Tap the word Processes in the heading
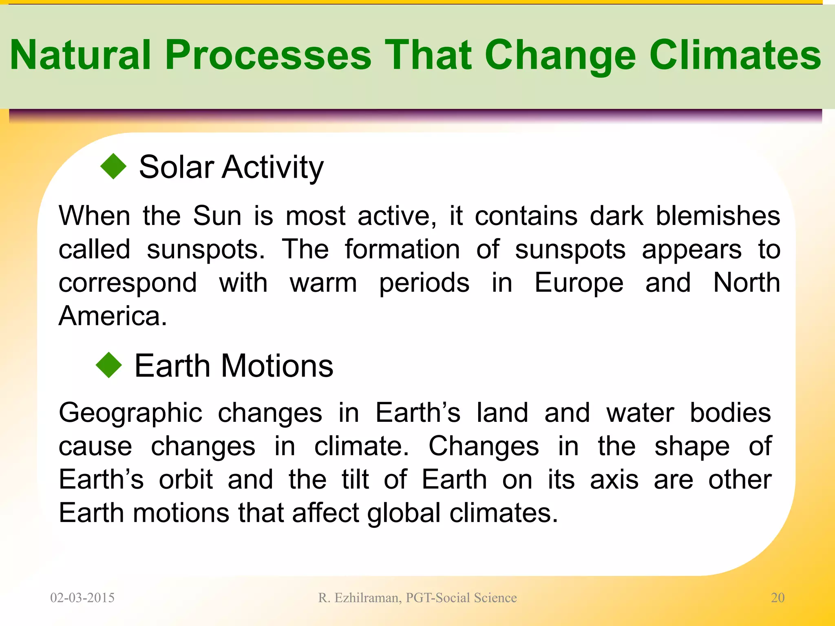click(268, 55)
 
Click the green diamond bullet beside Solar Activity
click(113, 166)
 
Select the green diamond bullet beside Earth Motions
click(109, 365)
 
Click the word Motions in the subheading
click(277, 366)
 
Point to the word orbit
click(186, 480)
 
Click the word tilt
click(355, 480)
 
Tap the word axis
click(614, 480)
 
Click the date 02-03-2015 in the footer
click(82, 598)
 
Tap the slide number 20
click(778, 598)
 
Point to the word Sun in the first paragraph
click(217, 216)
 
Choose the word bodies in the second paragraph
click(730, 413)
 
